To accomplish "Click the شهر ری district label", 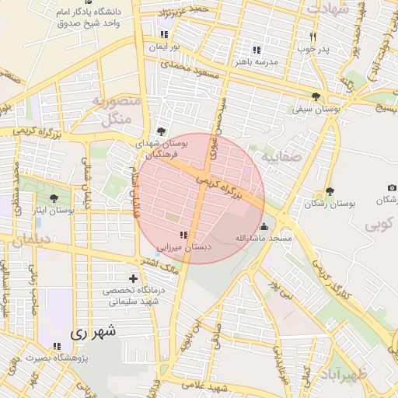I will point(93,333).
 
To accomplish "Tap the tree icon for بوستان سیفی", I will point(315,96).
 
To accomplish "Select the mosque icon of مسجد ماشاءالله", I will point(264,226).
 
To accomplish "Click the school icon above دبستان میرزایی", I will point(183,235).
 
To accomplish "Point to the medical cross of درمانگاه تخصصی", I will point(133,278).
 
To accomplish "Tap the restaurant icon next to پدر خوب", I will point(313,37).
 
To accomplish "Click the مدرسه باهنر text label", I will point(257,63).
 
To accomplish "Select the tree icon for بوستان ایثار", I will point(54,199).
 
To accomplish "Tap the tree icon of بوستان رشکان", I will point(330,191).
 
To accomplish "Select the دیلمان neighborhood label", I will point(30,242).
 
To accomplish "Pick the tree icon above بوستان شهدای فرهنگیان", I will point(161,131).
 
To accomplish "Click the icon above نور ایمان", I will point(164,35).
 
